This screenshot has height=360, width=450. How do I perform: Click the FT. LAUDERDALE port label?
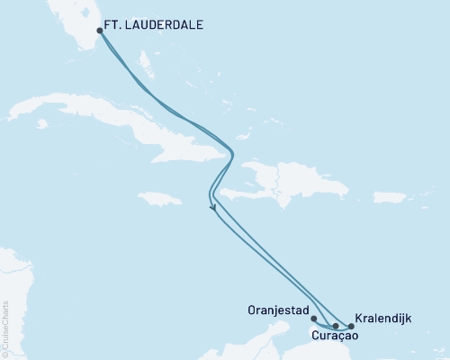point(154,27)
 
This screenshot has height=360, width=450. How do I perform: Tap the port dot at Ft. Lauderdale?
point(100,30)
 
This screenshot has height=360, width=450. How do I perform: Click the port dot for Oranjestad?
point(313,318)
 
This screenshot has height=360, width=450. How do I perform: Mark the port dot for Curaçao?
point(336,326)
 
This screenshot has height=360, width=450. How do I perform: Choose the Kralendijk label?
point(386,318)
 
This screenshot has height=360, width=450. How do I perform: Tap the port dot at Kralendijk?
point(350,326)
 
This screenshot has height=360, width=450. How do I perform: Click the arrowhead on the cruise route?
point(214,209)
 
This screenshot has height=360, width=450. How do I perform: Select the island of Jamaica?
point(162,198)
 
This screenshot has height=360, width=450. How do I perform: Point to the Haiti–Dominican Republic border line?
point(278,180)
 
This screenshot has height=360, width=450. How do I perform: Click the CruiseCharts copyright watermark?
point(5,328)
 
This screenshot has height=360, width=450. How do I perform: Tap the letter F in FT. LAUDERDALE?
point(109,27)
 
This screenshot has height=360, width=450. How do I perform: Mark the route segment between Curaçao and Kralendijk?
point(343,326)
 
